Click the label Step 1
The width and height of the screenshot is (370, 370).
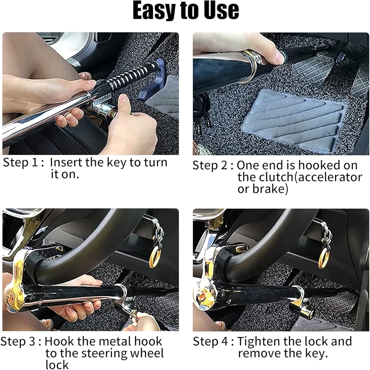pyautogui.click(x=20, y=162)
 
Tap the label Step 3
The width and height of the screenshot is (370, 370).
pyautogui.click(x=18, y=342)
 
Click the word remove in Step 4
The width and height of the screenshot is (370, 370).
pyautogui.click(x=258, y=353)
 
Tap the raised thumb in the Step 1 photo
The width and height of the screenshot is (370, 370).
pyautogui.click(x=123, y=102)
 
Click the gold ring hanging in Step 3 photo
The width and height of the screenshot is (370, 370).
pyautogui.click(x=155, y=258)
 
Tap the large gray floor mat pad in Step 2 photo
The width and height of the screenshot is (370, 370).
pyautogui.click(x=293, y=120)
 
